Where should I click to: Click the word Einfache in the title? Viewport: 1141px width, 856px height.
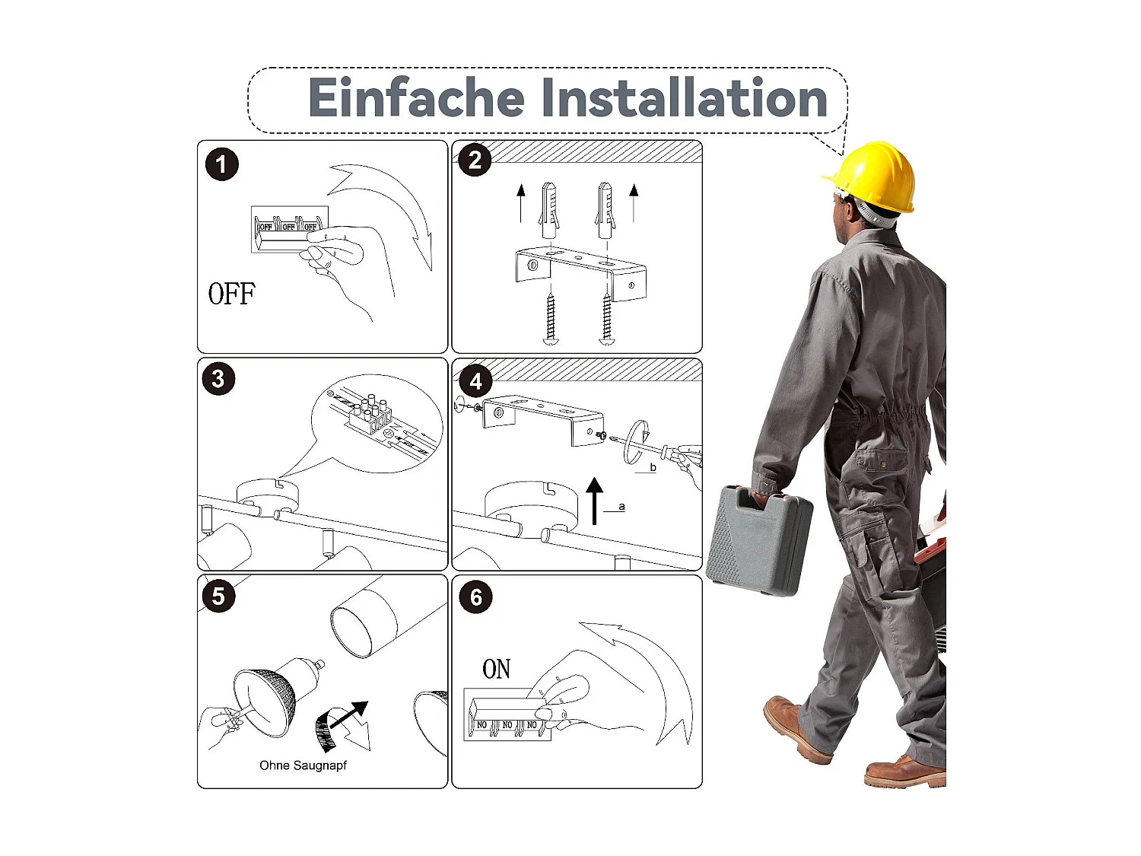coord(416,97)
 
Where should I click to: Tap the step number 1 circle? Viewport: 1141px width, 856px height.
coord(221,164)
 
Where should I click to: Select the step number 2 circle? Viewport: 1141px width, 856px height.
coord(475,160)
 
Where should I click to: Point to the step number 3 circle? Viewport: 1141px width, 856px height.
coord(218,378)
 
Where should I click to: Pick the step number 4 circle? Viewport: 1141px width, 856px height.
coord(475,381)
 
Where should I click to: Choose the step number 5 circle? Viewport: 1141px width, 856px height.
coord(218,596)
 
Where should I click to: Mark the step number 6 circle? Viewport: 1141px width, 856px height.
coord(475,597)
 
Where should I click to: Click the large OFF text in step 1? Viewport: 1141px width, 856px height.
coord(232,294)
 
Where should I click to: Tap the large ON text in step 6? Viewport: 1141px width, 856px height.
coord(497,669)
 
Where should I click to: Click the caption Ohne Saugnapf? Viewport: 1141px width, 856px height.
coord(303,765)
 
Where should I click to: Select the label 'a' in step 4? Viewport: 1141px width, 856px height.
coord(621,506)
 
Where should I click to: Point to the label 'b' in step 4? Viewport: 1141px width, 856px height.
coord(653,467)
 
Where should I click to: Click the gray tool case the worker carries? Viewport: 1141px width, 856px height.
coord(761,540)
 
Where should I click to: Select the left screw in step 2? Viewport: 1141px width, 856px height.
coord(551,319)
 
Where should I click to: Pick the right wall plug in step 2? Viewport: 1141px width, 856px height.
coord(605,210)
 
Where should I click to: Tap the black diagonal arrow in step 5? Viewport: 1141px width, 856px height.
coord(349,715)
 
